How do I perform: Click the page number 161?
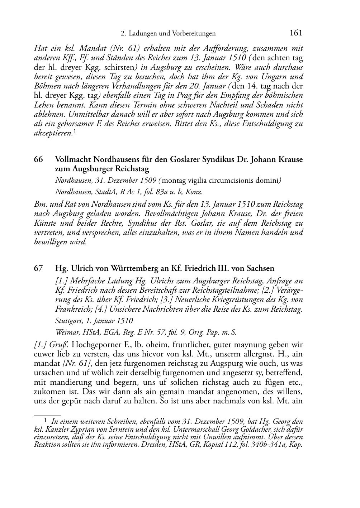(296, 33)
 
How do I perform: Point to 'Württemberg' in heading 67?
(133, 268)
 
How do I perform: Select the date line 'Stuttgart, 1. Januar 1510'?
(94, 321)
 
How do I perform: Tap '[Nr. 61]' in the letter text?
(75, 364)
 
